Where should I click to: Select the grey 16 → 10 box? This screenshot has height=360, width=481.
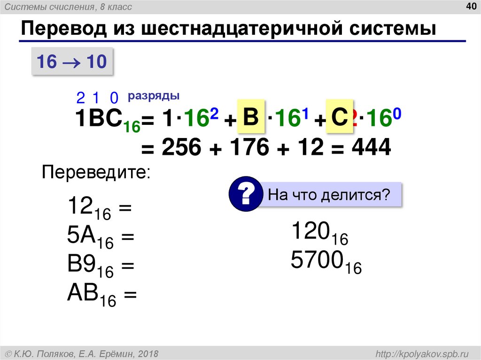72,61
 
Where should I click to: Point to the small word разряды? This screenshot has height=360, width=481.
154,96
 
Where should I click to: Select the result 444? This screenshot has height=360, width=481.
371,148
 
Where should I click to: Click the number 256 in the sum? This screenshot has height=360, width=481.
182,149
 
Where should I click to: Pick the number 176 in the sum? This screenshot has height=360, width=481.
250,149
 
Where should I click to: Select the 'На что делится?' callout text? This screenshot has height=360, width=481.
329,194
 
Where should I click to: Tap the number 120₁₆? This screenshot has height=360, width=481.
319,233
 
